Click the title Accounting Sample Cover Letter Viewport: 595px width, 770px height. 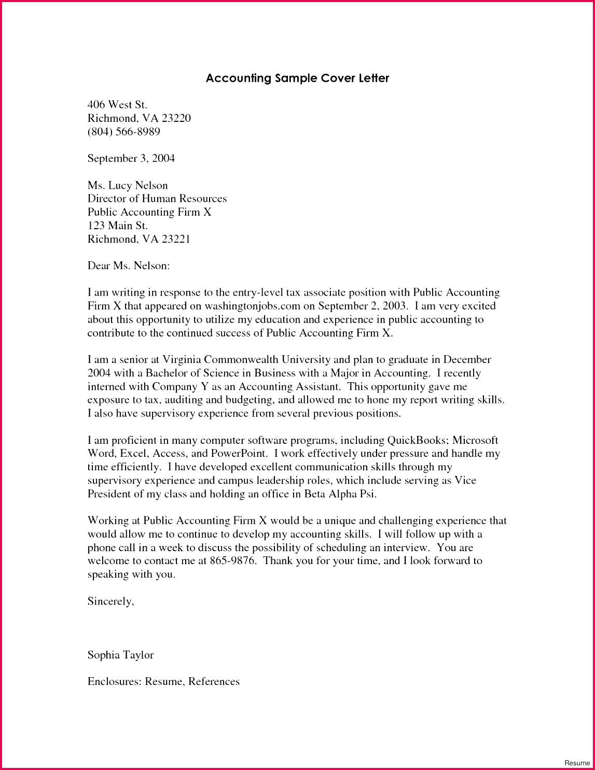[x=297, y=78]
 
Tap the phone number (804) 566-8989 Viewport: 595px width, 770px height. [x=123, y=132]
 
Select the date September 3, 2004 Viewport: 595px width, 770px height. [x=131, y=159]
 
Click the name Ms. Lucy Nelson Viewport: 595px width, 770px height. [x=128, y=186]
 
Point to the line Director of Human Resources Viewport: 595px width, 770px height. [x=157, y=199]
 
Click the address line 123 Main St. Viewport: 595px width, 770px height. [x=117, y=226]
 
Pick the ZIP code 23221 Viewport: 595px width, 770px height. [x=176, y=239]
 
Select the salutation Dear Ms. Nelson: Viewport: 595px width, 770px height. [x=129, y=266]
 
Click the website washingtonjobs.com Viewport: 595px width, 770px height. [x=253, y=306]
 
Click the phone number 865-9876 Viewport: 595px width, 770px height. [x=233, y=561]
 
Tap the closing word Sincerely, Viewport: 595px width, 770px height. [x=110, y=601]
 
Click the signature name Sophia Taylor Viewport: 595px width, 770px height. [x=120, y=655]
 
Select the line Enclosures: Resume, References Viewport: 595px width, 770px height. [x=163, y=682]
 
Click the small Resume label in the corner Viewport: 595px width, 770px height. [x=577, y=763]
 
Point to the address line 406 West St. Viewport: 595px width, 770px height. [x=117, y=105]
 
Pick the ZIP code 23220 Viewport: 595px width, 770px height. [x=176, y=118]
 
